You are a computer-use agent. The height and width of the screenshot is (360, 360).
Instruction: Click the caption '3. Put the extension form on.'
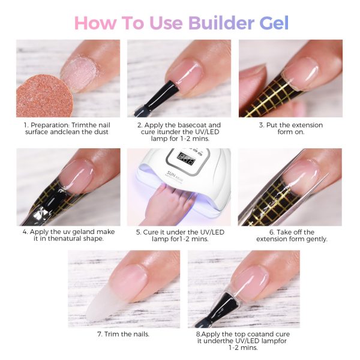point(291,128)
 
